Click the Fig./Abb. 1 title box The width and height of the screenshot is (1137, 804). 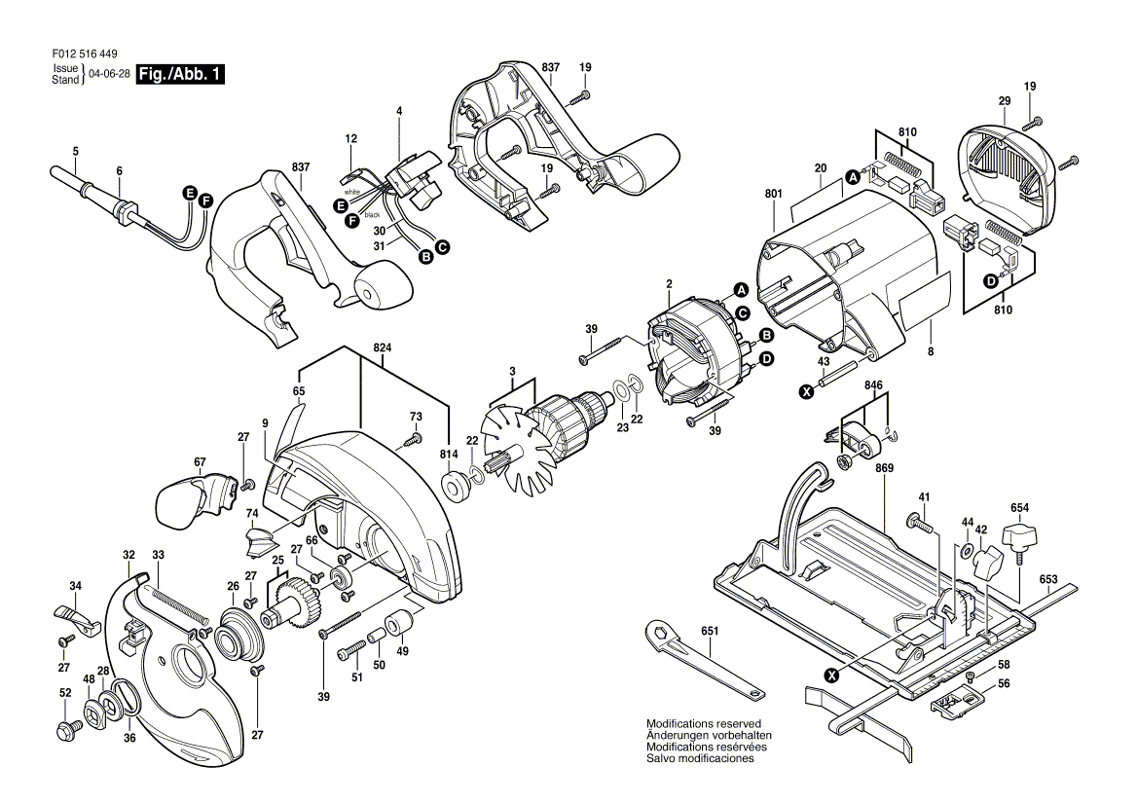180,74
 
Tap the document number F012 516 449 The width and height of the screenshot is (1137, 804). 85,54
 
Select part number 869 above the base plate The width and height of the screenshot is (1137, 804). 884,468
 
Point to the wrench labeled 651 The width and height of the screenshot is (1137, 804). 704,660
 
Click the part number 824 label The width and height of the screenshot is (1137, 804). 383,348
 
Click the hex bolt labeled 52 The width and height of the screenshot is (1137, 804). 67,727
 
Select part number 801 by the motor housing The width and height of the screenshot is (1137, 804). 773,194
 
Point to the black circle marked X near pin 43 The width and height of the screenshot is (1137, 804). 805,391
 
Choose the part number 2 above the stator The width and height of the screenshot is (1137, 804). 670,283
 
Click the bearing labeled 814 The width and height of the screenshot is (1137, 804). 457,485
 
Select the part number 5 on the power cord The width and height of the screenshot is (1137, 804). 75,152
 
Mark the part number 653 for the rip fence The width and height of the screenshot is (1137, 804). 1047,579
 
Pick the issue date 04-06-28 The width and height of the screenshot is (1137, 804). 109,74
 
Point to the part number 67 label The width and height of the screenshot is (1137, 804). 200,461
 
